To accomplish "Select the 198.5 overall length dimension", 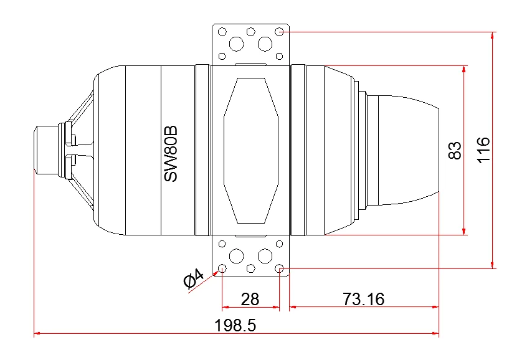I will (x=235, y=325).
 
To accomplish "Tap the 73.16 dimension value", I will (x=363, y=299).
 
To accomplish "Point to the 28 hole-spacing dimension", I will (x=250, y=299).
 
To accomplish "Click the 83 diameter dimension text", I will (x=455, y=150).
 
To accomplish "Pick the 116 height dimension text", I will (x=485, y=150).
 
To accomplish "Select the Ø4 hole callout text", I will (x=194, y=278).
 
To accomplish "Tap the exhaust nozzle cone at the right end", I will (x=405, y=150).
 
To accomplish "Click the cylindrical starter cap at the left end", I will (x=46, y=150).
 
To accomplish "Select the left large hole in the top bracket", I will (x=236, y=44).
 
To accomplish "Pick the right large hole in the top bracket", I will (x=265, y=44).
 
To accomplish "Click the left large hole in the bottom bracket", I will (x=236, y=255).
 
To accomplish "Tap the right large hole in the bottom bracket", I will (x=265, y=255).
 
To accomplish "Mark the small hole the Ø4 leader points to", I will (x=222, y=268).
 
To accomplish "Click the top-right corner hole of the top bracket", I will (x=280, y=31).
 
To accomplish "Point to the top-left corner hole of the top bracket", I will (x=222, y=31).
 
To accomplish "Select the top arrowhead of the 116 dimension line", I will (x=493, y=35).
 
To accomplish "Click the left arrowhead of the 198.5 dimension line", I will (x=37, y=334).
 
